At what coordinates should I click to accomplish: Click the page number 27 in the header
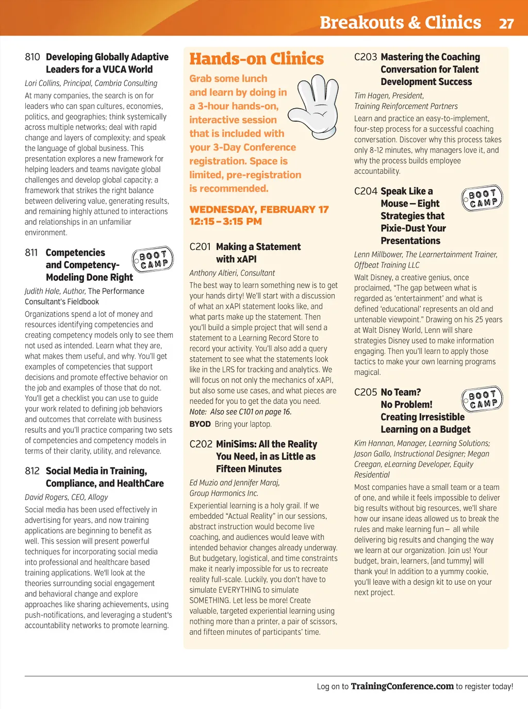(x=506, y=23)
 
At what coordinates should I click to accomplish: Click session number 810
(x=32, y=57)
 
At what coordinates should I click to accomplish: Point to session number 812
(x=32, y=471)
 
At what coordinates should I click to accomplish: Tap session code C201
(x=200, y=247)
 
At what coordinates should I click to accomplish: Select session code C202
(x=201, y=444)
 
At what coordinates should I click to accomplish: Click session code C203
(x=366, y=57)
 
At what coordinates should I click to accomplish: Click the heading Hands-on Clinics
(x=256, y=59)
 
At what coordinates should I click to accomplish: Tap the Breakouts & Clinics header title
(x=400, y=23)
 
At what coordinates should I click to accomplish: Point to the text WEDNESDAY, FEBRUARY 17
(x=259, y=210)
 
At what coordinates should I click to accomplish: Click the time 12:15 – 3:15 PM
(x=225, y=222)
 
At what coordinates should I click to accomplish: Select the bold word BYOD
(x=200, y=424)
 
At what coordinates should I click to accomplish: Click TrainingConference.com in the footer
(x=402, y=686)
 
